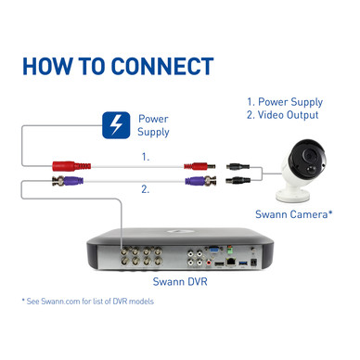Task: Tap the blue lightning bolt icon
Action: pos(115,125)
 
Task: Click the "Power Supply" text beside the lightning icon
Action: pos(153,125)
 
